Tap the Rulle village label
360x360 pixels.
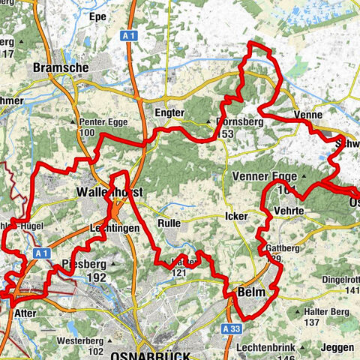[169, 223]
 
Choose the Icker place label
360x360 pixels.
[236, 215]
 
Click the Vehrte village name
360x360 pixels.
[289, 212]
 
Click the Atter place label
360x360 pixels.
[25, 313]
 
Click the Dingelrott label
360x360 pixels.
[341, 280]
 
